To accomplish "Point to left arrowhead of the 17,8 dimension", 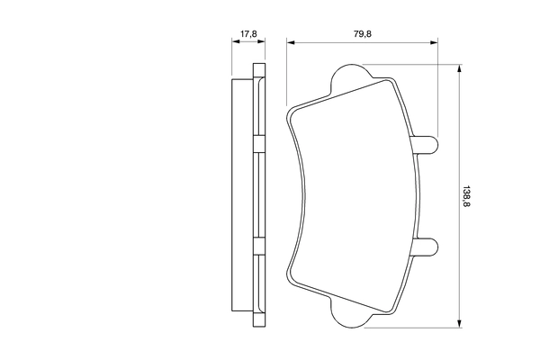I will point(234,42).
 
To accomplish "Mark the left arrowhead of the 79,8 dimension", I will point(290,42).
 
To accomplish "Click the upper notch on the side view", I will point(258,145).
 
